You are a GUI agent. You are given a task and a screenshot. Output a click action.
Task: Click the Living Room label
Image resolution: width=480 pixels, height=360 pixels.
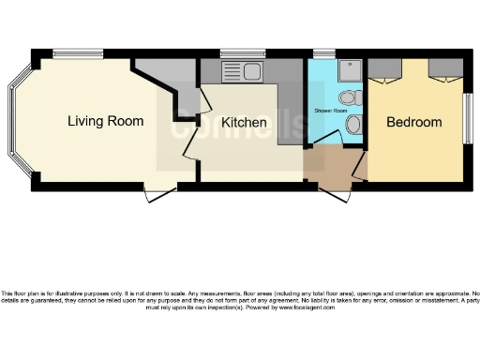[x=105, y=121]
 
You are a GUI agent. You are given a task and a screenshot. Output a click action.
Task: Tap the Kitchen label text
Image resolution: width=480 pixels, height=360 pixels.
[x=244, y=123]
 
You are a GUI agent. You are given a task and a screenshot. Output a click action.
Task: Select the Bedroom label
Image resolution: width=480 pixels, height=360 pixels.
[x=413, y=122]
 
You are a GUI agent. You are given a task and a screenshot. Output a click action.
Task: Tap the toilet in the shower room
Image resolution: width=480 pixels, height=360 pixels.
[x=348, y=97]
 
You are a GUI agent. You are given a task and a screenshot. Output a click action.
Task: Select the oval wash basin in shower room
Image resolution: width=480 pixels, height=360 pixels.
[x=353, y=125]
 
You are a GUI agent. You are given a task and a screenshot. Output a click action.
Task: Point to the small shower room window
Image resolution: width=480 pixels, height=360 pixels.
[x=323, y=54]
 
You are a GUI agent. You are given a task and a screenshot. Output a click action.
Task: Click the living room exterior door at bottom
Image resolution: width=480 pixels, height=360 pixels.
[x=159, y=195]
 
